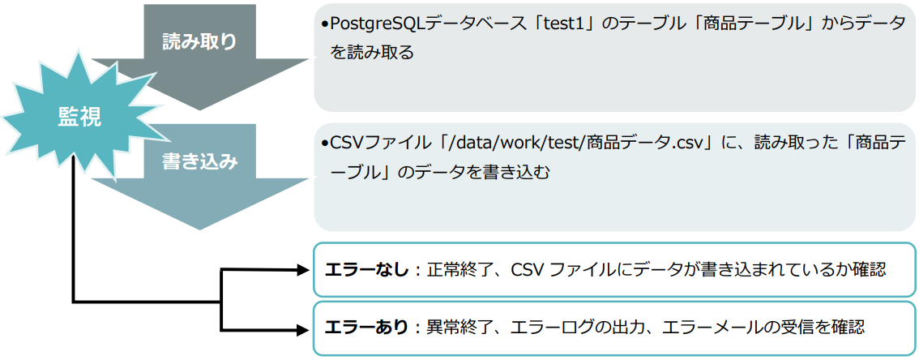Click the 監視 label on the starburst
79,118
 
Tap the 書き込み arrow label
199,161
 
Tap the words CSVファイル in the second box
373,144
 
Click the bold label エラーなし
367,269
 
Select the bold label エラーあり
367,327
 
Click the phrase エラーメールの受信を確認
763,327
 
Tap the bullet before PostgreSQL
325,26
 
